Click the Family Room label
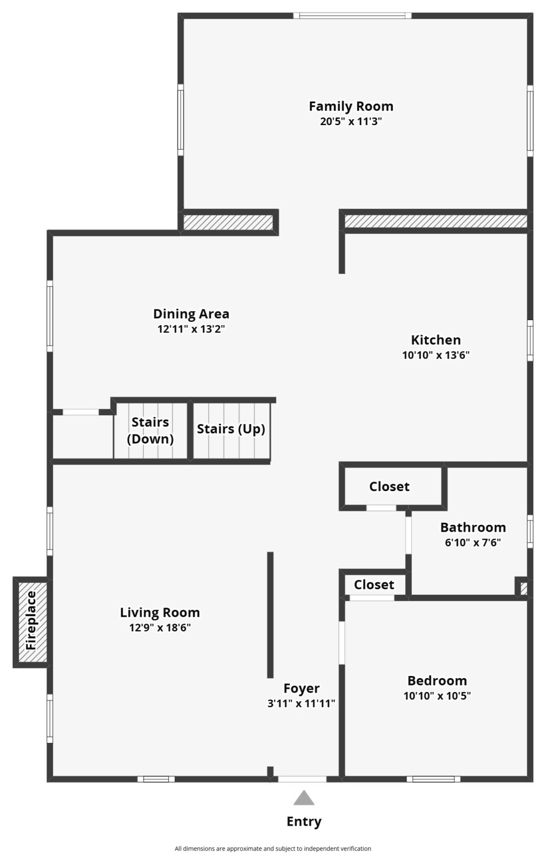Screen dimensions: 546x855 pyautogui.click(x=350, y=106)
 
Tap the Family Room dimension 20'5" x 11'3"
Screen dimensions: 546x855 pyautogui.click(x=350, y=121)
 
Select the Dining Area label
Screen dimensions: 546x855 pyautogui.click(x=191, y=314)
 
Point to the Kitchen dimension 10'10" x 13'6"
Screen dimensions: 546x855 pyautogui.click(x=436, y=355)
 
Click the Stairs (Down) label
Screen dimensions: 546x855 pyautogui.click(x=150, y=431)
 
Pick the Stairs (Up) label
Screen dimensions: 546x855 pyautogui.click(x=231, y=429)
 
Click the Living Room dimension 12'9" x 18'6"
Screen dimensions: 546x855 pyautogui.click(x=160, y=627)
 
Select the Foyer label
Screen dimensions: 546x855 pyautogui.click(x=301, y=688)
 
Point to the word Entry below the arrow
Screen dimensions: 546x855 pyautogui.click(x=303, y=821)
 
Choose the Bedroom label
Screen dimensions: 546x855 pyautogui.click(x=437, y=681)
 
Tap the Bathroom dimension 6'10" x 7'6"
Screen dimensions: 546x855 pyautogui.click(x=473, y=542)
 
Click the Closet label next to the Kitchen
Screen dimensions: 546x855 pyautogui.click(x=389, y=487)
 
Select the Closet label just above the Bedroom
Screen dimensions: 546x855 pyautogui.click(x=374, y=585)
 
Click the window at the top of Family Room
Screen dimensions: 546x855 pyautogui.click(x=352, y=15)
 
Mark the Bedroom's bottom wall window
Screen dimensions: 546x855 pyautogui.click(x=433, y=779)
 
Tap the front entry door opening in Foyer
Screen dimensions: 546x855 pyautogui.click(x=302, y=779)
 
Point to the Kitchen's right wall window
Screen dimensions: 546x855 pyautogui.click(x=530, y=340)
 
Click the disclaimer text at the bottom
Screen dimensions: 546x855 pyautogui.click(x=273, y=849)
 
